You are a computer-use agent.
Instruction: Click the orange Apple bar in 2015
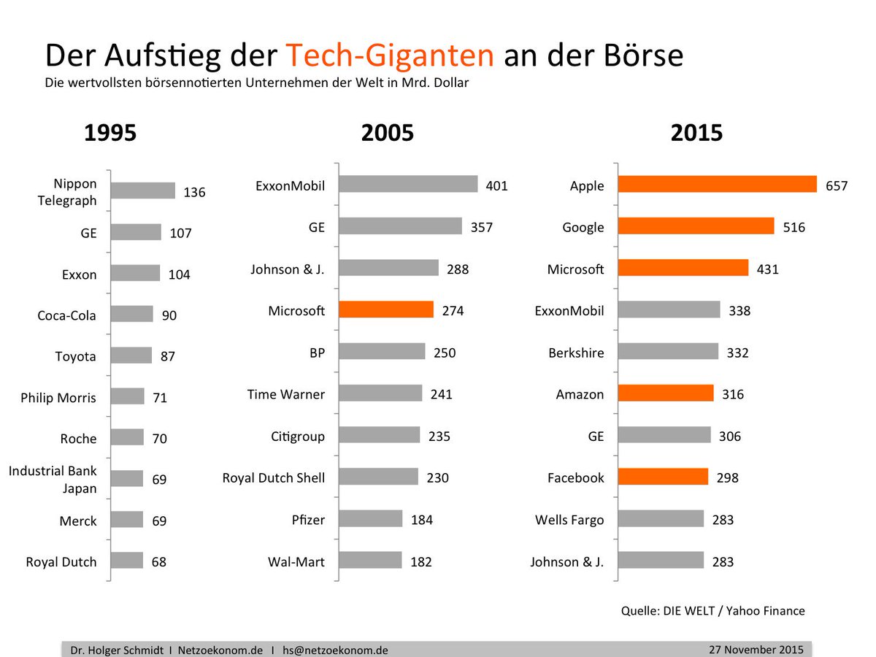tap(717, 185)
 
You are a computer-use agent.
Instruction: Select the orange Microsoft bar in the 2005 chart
tap(386, 310)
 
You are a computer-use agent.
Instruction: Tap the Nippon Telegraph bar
tap(143, 191)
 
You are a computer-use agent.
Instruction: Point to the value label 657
tap(837, 186)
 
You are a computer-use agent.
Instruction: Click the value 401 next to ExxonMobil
tap(496, 186)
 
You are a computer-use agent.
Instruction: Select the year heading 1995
tap(110, 134)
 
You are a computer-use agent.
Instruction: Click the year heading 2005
tap(387, 134)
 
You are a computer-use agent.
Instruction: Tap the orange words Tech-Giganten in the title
tap(389, 55)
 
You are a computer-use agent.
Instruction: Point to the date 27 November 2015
tap(756, 649)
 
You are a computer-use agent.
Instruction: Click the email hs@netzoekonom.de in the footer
tap(336, 650)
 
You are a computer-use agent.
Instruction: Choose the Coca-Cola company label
tap(67, 316)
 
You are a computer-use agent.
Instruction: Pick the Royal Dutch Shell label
tap(274, 478)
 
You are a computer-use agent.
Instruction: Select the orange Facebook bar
tap(663, 477)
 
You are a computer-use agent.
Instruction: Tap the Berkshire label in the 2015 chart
tap(576, 353)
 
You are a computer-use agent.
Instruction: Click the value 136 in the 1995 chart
tap(194, 193)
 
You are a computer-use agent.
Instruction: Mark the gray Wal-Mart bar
tap(370, 560)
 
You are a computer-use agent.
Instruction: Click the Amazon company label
tap(580, 395)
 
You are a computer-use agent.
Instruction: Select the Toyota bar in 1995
tap(131, 356)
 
